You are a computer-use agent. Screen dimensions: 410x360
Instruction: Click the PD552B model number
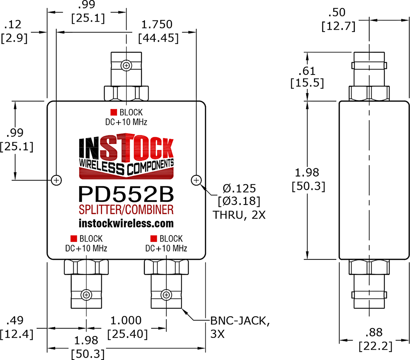[x=126, y=194]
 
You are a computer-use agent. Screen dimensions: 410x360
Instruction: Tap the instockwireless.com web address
[x=126, y=223]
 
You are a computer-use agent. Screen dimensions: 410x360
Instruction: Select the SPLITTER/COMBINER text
[x=126, y=210]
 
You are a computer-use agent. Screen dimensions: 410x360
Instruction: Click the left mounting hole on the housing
[x=56, y=180]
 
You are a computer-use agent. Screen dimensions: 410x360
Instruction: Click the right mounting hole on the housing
[x=196, y=180]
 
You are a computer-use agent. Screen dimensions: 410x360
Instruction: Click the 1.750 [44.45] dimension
[x=158, y=31]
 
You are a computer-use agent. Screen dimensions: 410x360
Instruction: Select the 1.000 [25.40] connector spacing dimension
[x=127, y=327]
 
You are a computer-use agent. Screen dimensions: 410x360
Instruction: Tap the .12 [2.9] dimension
[x=14, y=31]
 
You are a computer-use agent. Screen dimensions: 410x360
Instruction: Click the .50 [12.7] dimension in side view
[x=338, y=19]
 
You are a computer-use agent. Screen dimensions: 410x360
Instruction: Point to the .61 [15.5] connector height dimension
[x=307, y=76]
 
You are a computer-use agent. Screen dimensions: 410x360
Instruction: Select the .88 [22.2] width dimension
[x=376, y=339]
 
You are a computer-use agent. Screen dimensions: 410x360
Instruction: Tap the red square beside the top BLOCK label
[x=113, y=112]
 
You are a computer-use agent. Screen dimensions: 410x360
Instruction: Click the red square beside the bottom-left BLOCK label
[x=74, y=238]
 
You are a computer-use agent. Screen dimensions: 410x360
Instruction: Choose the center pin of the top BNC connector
[x=126, y=65]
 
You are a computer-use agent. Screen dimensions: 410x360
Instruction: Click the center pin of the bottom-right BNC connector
[x=166, y=295]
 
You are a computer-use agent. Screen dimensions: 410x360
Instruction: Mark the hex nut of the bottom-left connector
[x=86, y=267]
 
